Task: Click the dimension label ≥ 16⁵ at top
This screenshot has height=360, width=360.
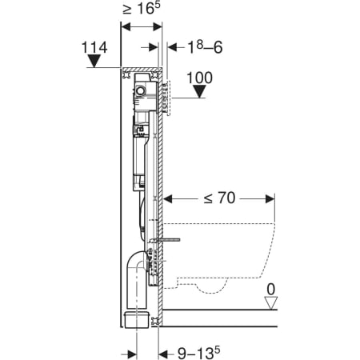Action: click(x=142, y=9)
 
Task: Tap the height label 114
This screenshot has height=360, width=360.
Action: click(x=94, y=47)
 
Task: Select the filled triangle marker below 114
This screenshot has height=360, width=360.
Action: click(x=94, y=61)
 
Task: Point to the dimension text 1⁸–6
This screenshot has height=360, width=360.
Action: click(x=205, y=47)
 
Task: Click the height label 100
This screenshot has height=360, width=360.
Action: click(x=199, y=78)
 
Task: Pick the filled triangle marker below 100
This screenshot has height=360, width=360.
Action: click(x=199, y=91)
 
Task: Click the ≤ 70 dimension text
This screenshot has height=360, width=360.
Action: click(x=219, y=198)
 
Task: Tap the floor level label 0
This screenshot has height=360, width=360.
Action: click(x=271, y=290)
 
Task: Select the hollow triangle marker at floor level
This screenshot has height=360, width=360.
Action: click(x=271, y=303)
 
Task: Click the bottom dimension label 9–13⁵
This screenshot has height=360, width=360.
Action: click(x=199, y=354)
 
